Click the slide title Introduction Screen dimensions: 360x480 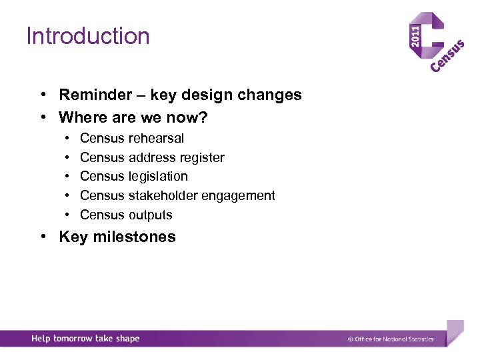(88, 36)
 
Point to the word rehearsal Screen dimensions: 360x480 (156, 139)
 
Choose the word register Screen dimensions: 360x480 (204, 158)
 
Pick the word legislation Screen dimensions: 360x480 (158, 177)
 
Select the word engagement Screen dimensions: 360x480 (244, 196)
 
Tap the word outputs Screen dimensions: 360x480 (150, 215)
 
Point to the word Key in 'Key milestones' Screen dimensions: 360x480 (73, 237)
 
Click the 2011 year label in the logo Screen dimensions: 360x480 (415, 36)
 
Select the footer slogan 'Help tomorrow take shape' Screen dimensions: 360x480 (85, 339)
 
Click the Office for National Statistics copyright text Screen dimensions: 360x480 (391, 339)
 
